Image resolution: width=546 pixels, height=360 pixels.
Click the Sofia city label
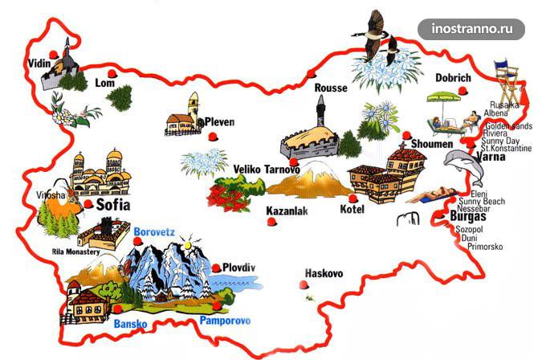pyautogui.click(x=112, y=205)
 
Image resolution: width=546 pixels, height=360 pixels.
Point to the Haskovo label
pyautogui.click(x=322, y=274)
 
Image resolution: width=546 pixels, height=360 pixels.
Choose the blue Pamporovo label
pyautogui.click(x=225, y=321)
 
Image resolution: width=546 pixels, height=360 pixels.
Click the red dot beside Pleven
pyautogui.click(x=213, y=137)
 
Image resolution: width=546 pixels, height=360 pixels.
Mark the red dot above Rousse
pyautogui.click(x=311, y=74)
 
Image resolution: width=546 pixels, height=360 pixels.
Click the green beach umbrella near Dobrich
pyautogui.click(x=443, y=100)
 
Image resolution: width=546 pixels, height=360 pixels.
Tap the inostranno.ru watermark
pyautogui.click(x=471, y=29)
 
